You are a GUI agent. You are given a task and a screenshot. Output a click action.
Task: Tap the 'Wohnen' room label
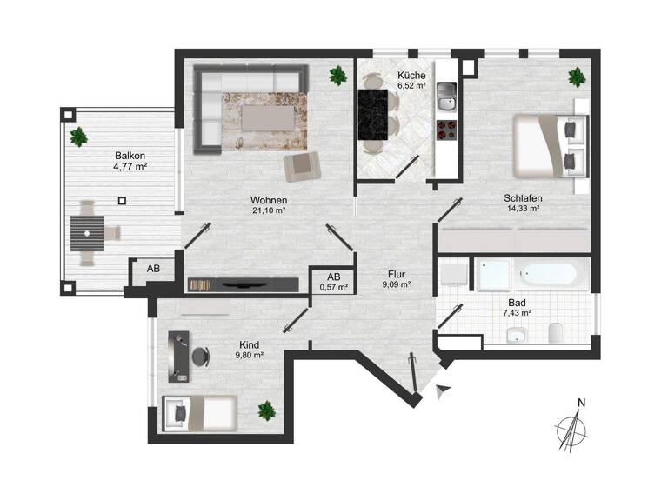270,199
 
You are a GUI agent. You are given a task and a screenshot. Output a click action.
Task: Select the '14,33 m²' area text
524,209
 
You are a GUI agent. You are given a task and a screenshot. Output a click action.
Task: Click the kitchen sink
447,97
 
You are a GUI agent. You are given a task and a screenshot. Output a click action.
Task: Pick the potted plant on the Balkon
80,137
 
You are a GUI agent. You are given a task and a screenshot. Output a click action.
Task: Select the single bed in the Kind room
200,411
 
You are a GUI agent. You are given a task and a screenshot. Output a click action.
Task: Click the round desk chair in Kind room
201,357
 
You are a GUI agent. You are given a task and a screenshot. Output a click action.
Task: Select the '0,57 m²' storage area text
334,286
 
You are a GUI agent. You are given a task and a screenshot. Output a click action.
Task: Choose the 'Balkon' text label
128,157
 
